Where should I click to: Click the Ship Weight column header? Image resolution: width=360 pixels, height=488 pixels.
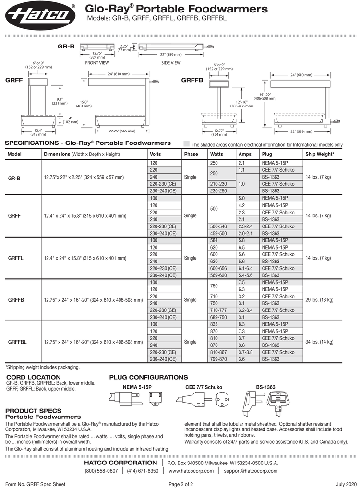[320, 154]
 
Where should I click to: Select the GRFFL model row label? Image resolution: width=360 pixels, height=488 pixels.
[15, 258]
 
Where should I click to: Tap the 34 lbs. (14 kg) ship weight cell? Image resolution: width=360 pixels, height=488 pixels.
[319, 342]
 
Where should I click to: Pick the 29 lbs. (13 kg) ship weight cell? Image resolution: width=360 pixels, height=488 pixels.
[319, 300]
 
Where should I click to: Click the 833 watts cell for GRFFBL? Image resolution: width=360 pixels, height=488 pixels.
[214, 324]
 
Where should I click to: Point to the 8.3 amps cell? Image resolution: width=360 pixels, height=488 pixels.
[241, 324]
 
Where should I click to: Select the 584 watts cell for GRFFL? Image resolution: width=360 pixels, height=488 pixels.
[214, 240]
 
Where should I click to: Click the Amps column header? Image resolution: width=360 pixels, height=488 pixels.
[245, 154]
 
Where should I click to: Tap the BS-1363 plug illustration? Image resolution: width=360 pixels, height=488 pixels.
[265, 404]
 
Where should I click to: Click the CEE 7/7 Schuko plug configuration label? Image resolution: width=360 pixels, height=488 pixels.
[204, 387]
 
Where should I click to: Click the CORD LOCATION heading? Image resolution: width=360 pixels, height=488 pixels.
[34, 377]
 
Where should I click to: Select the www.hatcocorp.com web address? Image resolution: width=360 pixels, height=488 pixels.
[191, 471]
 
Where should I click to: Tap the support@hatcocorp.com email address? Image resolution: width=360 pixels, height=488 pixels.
[251, 471]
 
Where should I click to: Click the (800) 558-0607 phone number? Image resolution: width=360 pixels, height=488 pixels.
[102, 471]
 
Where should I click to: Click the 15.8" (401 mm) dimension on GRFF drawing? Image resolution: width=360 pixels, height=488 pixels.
[84, 104]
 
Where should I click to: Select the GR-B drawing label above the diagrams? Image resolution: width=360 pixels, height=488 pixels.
[66, 47]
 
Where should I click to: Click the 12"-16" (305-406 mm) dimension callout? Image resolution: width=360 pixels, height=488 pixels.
[241, 104]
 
